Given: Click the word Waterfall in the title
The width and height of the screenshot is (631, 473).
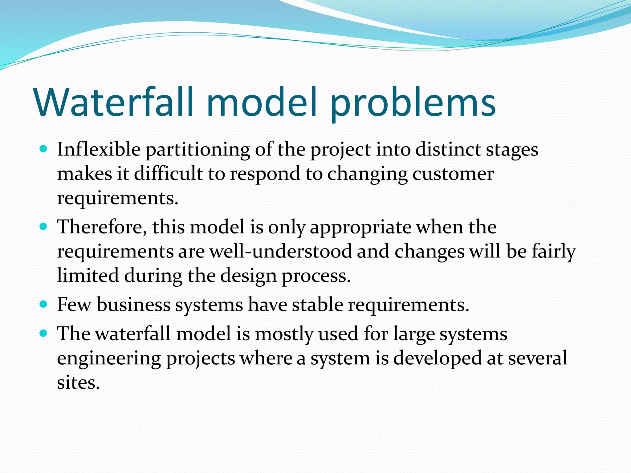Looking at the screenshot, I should coord(114,102).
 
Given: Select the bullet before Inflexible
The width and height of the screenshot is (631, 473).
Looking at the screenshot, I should coord(43,149).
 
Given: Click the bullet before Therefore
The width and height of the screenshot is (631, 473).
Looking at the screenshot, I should coord(43,227).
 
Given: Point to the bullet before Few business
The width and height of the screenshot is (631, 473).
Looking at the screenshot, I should coord(43,305).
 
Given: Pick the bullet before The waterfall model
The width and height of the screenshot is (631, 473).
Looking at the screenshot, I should coord(43,334).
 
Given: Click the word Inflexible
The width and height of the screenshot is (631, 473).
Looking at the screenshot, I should coord(99,150).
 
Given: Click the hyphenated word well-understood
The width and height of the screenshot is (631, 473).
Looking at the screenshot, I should coord(281,251).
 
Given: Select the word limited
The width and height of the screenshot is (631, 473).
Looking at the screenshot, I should coord(88,275).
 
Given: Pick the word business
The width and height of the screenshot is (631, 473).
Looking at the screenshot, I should coord(133,305).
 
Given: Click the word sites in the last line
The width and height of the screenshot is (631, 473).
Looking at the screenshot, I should coord(78,383).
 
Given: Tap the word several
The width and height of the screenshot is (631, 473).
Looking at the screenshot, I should coord(537,358).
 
